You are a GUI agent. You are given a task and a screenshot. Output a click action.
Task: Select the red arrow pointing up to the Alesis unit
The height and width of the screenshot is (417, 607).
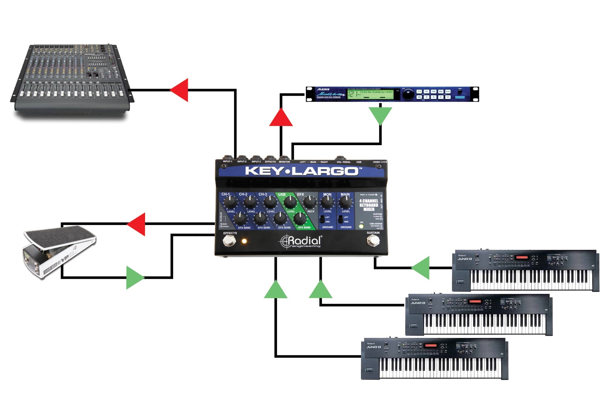281,118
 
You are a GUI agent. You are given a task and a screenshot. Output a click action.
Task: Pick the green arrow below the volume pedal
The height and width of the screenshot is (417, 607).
134,278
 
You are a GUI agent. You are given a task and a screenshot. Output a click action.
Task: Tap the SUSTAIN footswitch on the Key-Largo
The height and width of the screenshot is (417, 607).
373,241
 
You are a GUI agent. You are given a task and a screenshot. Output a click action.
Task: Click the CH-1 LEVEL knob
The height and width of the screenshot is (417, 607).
230,202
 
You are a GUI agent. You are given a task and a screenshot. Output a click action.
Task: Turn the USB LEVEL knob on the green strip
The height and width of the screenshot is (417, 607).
290,202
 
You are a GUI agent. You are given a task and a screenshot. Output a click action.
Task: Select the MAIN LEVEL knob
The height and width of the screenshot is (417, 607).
345,202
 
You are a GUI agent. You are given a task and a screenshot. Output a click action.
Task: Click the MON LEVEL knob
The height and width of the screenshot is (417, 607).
327,202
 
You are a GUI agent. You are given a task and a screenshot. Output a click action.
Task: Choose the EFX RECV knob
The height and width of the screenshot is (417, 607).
310,202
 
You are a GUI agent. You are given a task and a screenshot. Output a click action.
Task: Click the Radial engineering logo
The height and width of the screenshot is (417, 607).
300,242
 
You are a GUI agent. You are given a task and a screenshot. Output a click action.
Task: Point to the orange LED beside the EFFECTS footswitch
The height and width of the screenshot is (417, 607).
244,241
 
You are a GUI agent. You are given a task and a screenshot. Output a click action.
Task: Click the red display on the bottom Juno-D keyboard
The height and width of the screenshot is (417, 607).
430,346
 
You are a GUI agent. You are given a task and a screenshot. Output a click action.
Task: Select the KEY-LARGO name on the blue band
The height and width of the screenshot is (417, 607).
302,171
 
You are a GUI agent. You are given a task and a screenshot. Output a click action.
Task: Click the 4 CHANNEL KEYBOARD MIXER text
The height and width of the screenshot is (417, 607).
369,205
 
